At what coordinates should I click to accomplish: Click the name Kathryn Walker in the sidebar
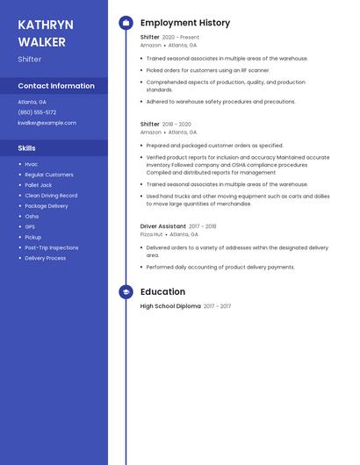pos(46,33)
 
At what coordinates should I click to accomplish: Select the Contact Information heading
pos(56,86)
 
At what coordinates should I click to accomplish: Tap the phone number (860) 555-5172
pos(37,112)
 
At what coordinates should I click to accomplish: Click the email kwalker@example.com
pos(47,123)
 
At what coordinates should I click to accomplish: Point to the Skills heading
pos(27,148)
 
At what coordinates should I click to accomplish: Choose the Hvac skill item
pos(32,164)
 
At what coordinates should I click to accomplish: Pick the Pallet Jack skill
pos(39,185)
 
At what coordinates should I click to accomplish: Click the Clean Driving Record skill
pos(51,196)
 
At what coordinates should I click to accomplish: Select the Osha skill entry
pos(32,216)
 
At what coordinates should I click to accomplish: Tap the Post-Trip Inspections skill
pos(51,247)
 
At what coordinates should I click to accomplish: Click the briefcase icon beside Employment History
pos(126,23)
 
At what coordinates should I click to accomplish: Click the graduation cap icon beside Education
pos(126,292)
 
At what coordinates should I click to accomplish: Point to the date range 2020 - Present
pos(181,38)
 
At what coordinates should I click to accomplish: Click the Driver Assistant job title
pos(163,226)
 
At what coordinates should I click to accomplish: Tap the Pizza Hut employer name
pos(151,234)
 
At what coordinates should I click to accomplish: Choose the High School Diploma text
pos(170,306)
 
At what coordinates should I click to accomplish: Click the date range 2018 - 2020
pos(176,125)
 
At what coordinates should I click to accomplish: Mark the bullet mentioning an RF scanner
pos(208,70)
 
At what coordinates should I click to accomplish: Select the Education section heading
pos(162,292)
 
